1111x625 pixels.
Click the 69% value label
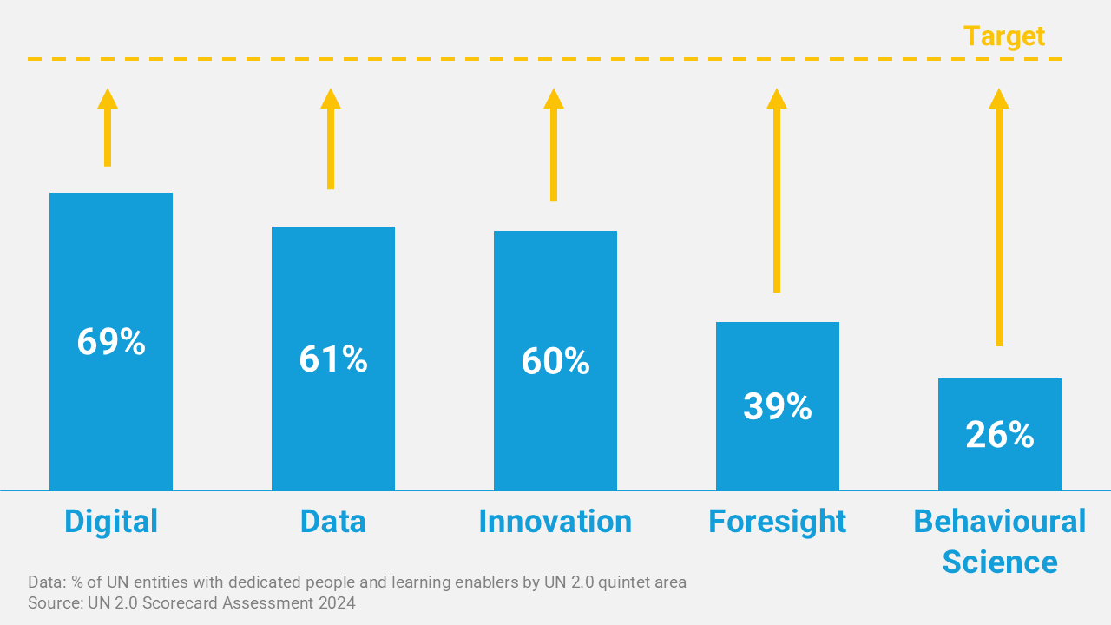[x=111, y=342]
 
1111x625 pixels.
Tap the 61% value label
[x=333, y=359]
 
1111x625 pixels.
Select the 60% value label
[x=555, y=361]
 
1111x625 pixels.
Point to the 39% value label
[x=778, y=406]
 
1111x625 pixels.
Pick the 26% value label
[x=1000, y=435]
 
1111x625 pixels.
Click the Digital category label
[x=111, y=521]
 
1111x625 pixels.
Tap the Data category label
[x=333, y=521]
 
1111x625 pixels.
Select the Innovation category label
[x=555, y=521]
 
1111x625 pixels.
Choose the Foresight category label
[x=778, y=521]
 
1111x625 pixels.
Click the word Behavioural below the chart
[x=1000, y=521]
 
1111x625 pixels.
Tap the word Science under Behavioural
[x=1000, y=562]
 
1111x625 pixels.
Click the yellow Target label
[x=1004, y=36]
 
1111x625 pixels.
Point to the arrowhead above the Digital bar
[x=108, y=98]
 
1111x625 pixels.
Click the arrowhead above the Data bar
[x=331, y=98]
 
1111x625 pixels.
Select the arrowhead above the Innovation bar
[x=554, y=98]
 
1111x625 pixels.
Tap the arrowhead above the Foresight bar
[x=777, y=98]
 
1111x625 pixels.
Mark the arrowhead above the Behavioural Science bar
[x=999, y=98]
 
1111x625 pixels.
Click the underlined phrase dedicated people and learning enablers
[x=373, y=582]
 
